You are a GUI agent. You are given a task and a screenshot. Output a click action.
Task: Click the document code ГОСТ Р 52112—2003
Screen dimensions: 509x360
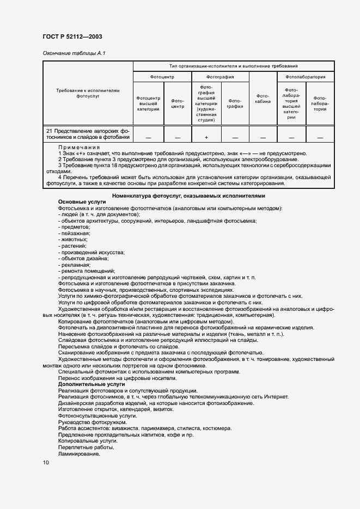[x=72, y=36]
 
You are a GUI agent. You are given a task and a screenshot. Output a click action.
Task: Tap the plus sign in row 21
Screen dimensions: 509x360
[x=206, y=137]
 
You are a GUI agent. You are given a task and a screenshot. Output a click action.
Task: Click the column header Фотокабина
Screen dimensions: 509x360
[x=263, y=98]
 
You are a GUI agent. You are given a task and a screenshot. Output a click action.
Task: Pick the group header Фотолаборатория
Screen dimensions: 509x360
[x=305, y=77]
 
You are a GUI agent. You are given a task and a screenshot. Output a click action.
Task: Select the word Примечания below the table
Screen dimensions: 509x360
[x=80, y=148]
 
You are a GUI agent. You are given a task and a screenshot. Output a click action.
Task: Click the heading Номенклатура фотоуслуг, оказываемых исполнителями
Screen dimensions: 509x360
[x=189, y=195]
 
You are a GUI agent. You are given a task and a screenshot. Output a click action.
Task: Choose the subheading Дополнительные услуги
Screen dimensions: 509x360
[x=91, y=384]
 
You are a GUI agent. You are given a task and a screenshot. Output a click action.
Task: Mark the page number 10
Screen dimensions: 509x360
[x=46, y=463]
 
